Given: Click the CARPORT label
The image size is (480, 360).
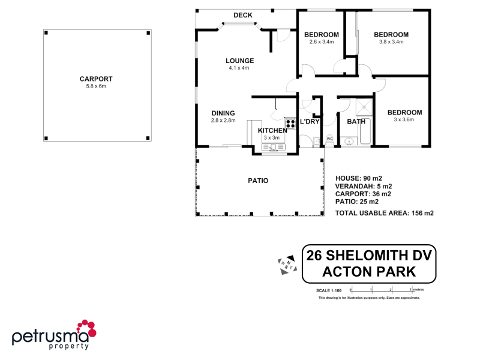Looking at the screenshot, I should [96, 79].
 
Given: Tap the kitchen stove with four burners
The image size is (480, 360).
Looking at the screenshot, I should [290, 124].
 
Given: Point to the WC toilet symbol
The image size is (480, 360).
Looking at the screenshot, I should [329, 142].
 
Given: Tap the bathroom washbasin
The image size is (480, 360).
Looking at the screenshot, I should [349, 142].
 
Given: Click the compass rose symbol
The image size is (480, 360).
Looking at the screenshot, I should [287, 265].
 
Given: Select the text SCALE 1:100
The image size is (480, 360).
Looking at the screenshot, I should [330, 290].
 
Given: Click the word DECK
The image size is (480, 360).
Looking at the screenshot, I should [242, 16].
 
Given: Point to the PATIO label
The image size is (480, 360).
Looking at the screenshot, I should [258, 181].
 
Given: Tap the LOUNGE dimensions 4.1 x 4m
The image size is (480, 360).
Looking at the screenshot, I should [239, 68].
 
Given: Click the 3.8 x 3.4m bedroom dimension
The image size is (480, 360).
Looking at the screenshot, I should [391, 42].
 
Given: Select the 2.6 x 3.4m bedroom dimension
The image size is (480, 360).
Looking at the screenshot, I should [322, 42].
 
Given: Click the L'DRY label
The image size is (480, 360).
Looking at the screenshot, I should [310, 122].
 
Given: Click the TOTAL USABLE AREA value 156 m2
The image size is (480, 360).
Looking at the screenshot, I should [421, 213].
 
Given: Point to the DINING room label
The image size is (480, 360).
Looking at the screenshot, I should [223, 113].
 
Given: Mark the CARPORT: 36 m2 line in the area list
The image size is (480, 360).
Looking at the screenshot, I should [363, 194].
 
